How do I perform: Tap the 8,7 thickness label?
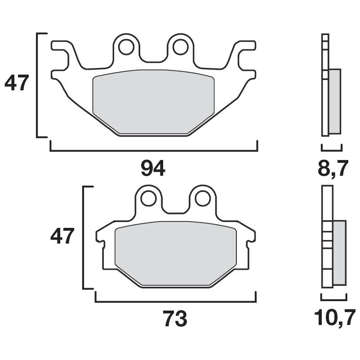point(333,170)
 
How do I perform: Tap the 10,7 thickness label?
point(334,319)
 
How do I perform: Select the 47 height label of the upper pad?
point(17,84)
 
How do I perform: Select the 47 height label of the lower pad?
point(61,236)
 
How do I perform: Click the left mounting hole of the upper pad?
point(126,45)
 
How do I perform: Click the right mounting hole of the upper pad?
point(181,45)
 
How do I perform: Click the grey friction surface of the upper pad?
point(153,101)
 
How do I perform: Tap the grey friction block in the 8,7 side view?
point(335,101)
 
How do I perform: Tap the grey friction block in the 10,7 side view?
point(340,252)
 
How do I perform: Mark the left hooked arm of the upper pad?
point(63,58)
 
